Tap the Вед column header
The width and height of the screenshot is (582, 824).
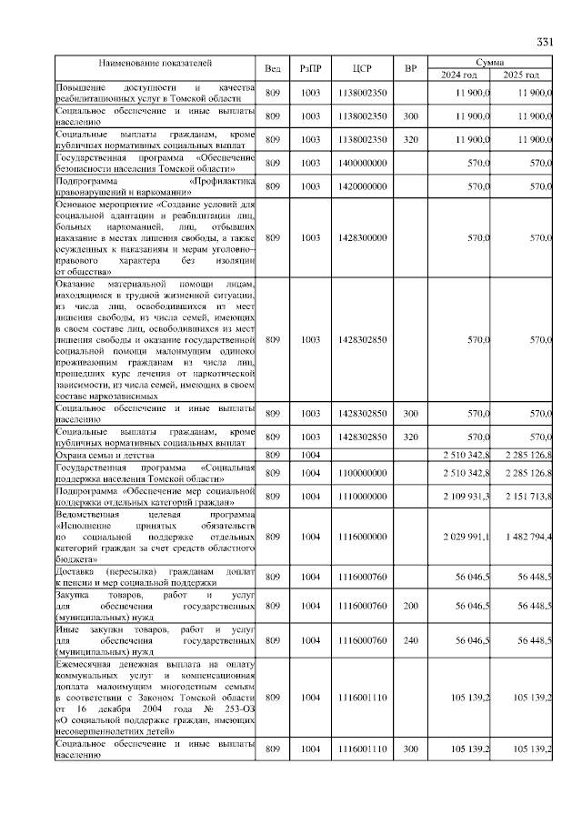pos(273,68)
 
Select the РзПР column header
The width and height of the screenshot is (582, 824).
pos(311,68)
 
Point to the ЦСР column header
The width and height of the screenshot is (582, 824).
pos(363,68)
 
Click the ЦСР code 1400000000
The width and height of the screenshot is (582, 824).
pos(363,163)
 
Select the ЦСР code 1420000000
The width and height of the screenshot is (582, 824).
pos(363,186)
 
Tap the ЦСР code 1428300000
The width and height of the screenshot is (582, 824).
pos(363,238)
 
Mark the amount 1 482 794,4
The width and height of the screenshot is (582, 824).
pos(527,537)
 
